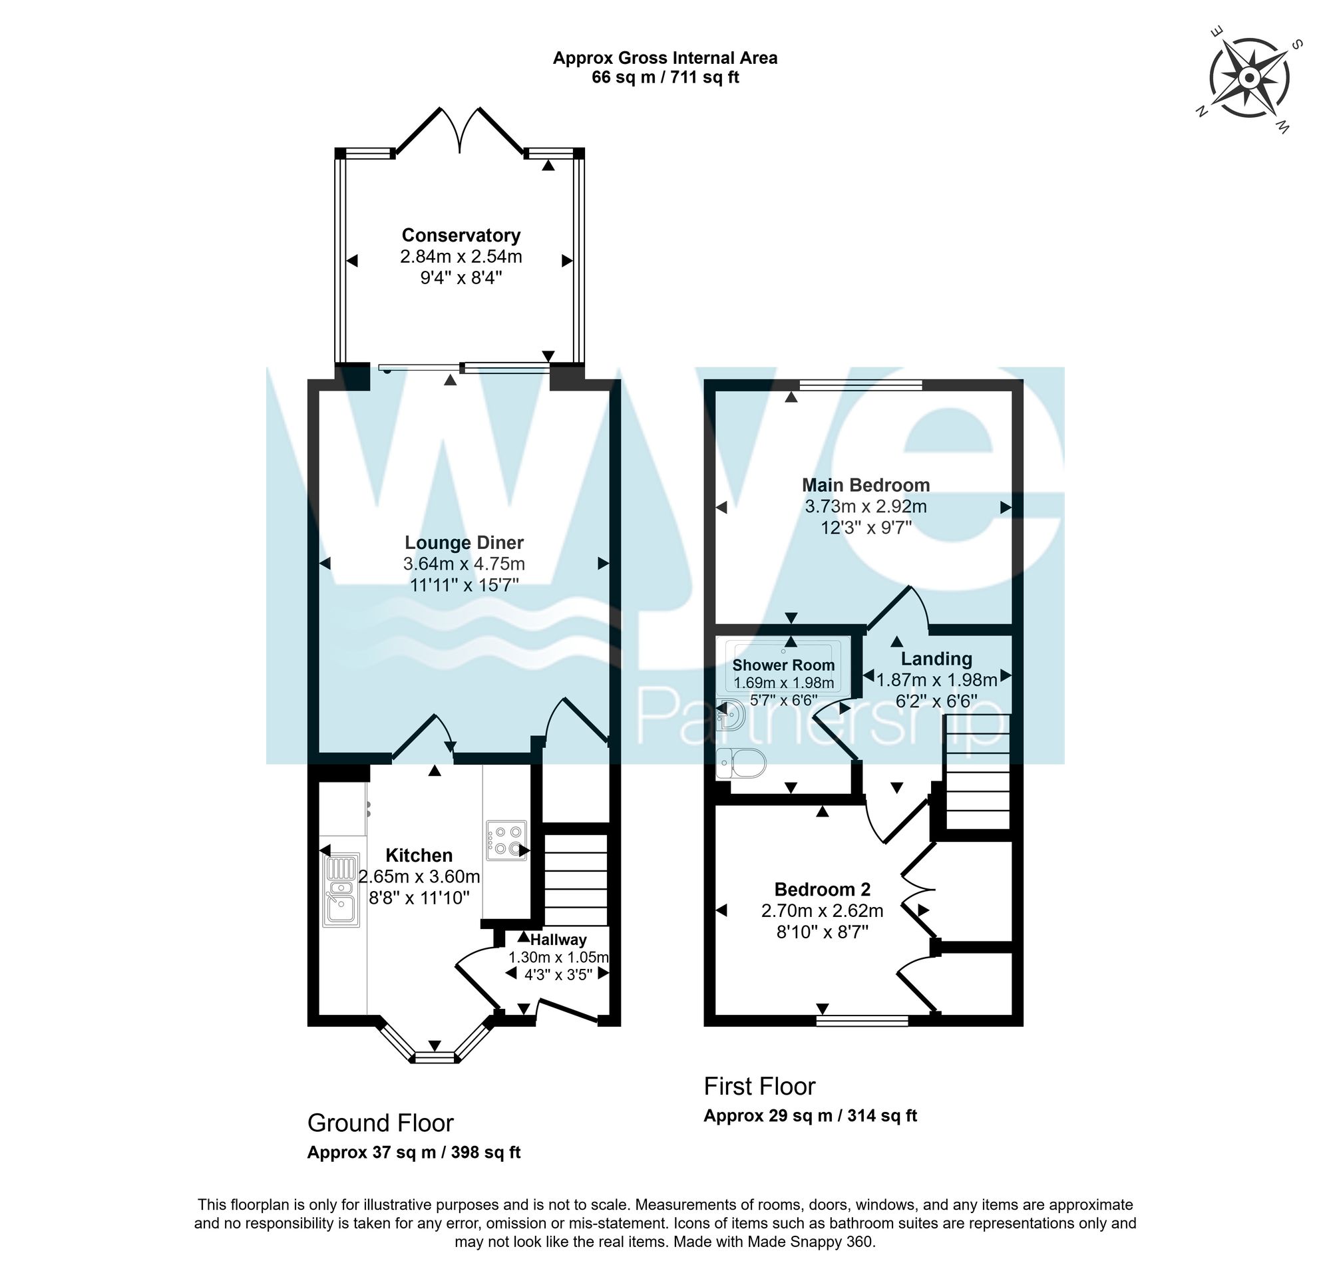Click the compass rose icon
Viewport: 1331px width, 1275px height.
[x=1249, y=80]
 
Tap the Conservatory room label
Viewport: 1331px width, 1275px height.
[x=461, y=236]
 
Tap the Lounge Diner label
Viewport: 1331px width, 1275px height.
[x=464, y=542]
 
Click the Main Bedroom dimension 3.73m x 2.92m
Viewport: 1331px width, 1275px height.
[x=866, y=506]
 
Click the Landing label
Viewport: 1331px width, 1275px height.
[x=936, y=659]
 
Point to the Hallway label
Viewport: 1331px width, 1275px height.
[x=558, y=940]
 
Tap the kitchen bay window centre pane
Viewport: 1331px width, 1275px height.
[x=435, y=1057]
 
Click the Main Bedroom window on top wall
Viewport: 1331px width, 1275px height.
[x=860, y=385]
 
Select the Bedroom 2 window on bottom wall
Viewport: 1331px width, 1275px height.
[x=862, y=1020]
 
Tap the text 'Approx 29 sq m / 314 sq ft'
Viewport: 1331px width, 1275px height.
[x=810, y=1116]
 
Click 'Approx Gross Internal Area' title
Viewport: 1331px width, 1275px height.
[x=665, y=59]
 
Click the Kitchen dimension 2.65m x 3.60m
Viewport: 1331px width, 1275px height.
[x=419, y=876]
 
